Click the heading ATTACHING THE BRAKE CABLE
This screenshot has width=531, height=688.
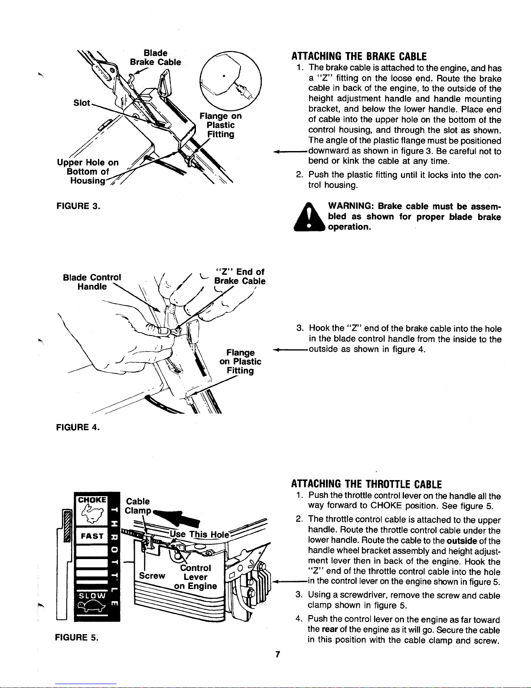point(359,57)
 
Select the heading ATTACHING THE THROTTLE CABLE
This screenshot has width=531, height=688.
point(366,484)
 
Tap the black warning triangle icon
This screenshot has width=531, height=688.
point(309,217)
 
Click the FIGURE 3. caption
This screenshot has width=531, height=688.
point(78,206)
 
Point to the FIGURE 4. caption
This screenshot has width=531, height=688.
point(78,428)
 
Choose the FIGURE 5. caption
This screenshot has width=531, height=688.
point(77,637)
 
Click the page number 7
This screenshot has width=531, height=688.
point(277,655)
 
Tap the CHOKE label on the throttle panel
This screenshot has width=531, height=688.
point(92,500)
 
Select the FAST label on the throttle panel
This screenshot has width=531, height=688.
point(92,536)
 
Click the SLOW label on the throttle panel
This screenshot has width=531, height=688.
point(92,596)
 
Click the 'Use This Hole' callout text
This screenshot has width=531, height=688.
point(199,534)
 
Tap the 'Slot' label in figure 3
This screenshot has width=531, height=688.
point(82,103)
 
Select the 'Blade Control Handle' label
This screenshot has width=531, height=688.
point(92,282)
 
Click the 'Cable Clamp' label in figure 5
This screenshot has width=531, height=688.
point(138,506)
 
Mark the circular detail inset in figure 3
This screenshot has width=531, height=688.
point(231,81)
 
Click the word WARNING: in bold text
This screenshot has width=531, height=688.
point(351,206)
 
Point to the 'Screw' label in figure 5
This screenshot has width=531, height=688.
point(152,576)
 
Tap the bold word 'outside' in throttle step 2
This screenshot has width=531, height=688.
point(462,541)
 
